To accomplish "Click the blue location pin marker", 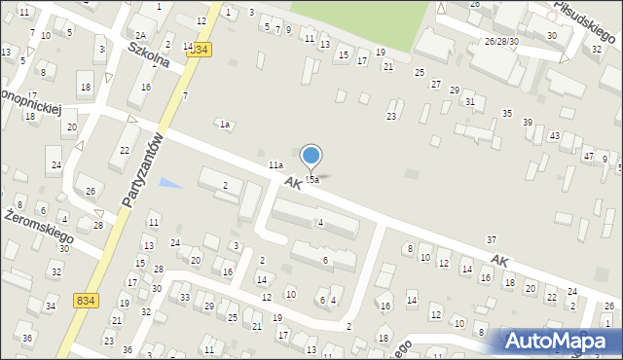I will tap(311, 156).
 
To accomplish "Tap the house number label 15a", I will tap(311, 180).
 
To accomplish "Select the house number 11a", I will tap(276, 166).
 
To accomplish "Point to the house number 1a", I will tap(224, 125).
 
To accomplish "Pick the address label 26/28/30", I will tap(501, 42).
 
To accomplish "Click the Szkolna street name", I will tap(149, 54).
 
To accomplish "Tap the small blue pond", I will tap(169, 183).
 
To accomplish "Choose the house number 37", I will tap(492, 239).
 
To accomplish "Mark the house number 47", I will tap(588, 156).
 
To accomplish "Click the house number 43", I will tap(554, 136).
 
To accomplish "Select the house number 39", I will tap(527, 122).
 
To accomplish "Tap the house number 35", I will tap(506, 114).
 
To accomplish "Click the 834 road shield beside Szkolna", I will tap(201, 49).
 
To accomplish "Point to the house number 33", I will tap(185, 297).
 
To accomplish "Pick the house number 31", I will tap(470, 102).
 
